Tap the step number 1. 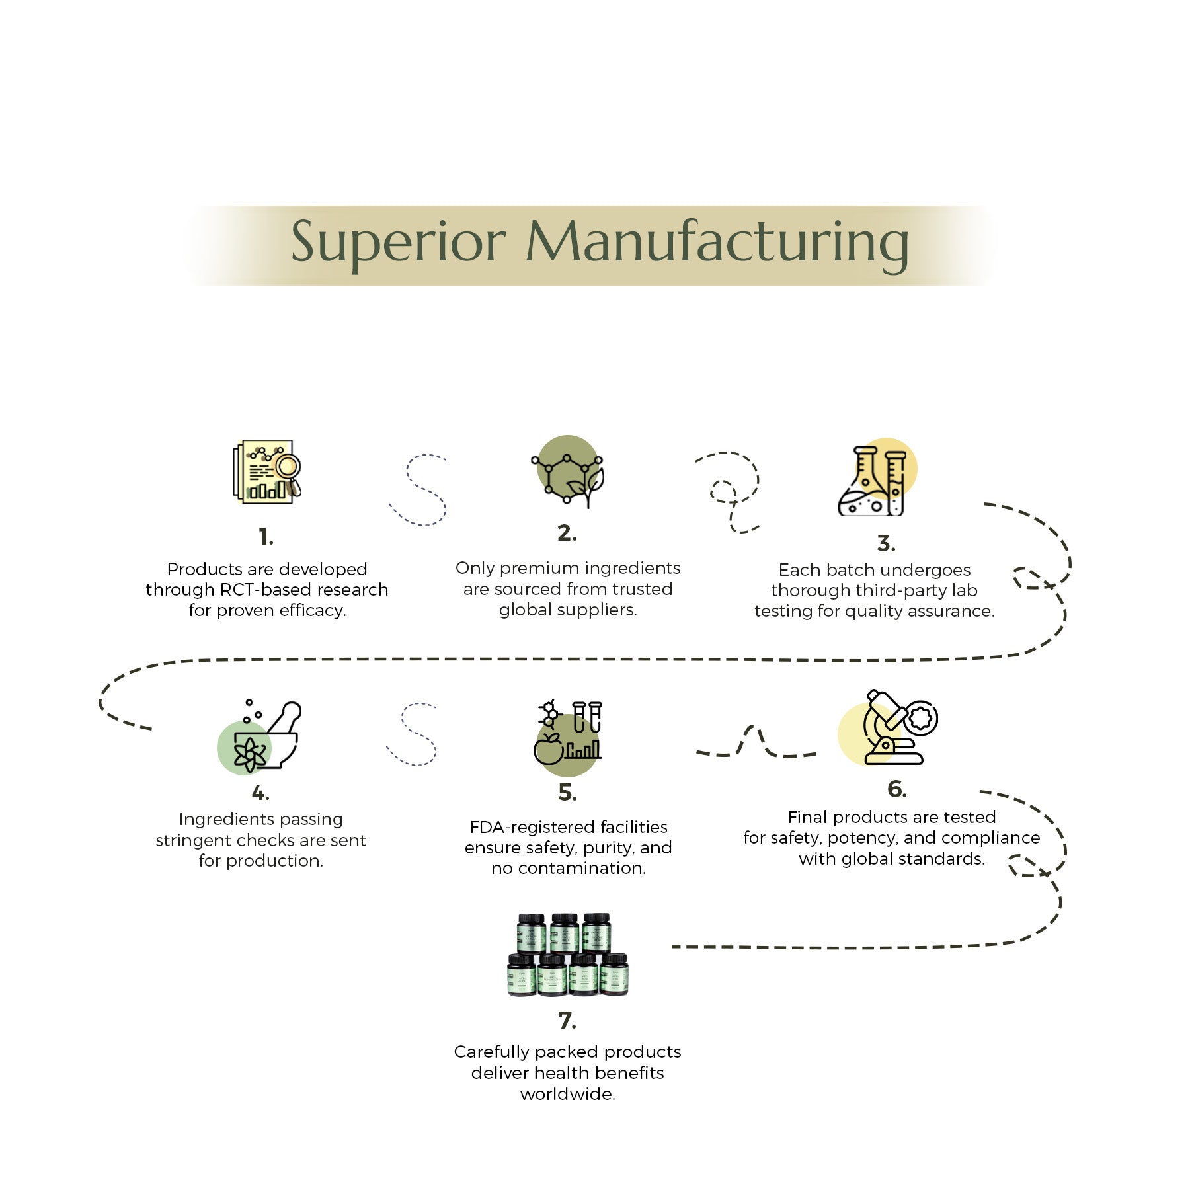coord(266,537)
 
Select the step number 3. coord(886,543)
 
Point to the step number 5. coord(567,792)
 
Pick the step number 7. coord(567,1020)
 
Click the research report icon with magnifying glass coord(266,471)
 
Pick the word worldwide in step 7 coord(567,1094)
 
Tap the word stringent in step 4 coord(194,840)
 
